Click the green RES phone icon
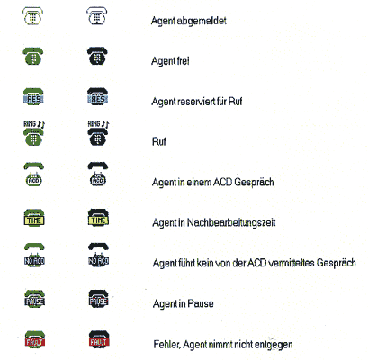coord(33,96)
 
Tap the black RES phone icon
coord(98,96)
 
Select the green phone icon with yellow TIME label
coord(34,218)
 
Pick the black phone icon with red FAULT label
coord(99,339)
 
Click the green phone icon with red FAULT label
coord(35,339)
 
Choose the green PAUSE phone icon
coord(34,299)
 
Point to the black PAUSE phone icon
coord(98,299)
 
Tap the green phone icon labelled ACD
coord(33,175)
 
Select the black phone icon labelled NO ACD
coord(98,255)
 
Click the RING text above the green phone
coord(30,123)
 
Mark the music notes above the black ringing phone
coord(105,124)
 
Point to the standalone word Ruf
coord(159,141)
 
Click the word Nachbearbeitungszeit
coord(231,223)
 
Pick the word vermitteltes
coord(291,263)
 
